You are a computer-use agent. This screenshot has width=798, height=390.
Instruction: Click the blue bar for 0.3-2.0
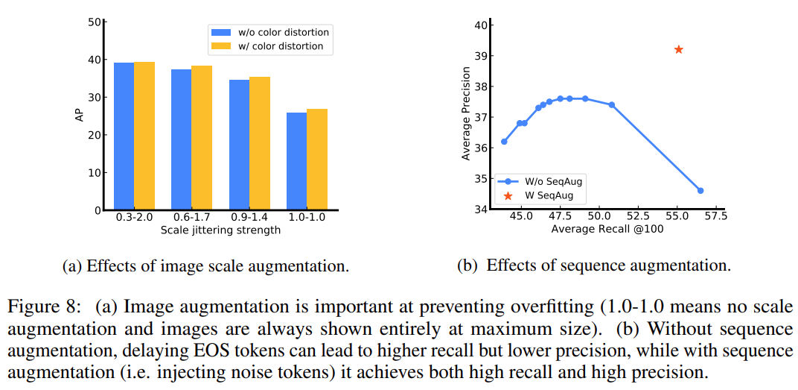tap(124, 136)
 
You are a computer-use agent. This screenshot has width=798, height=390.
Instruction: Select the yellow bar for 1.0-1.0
tap(317, 160)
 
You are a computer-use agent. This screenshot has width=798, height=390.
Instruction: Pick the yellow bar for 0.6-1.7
tap(202, 138)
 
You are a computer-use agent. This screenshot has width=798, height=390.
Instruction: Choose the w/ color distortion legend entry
tap(269, 46)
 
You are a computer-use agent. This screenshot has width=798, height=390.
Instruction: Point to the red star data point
tap(678, 49)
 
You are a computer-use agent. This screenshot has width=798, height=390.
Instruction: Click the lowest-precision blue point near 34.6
tap(700, 190)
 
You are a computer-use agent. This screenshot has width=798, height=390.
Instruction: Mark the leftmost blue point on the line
tap(504, 141)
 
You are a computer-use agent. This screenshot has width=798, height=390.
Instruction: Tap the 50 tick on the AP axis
tap(94, 22)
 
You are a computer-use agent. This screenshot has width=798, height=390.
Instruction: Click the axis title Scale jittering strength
tap(220, 230)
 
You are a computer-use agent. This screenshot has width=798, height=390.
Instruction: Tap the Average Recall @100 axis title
tap(607, 229)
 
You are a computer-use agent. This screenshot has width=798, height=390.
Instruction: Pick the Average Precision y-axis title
tap(466, 113)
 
